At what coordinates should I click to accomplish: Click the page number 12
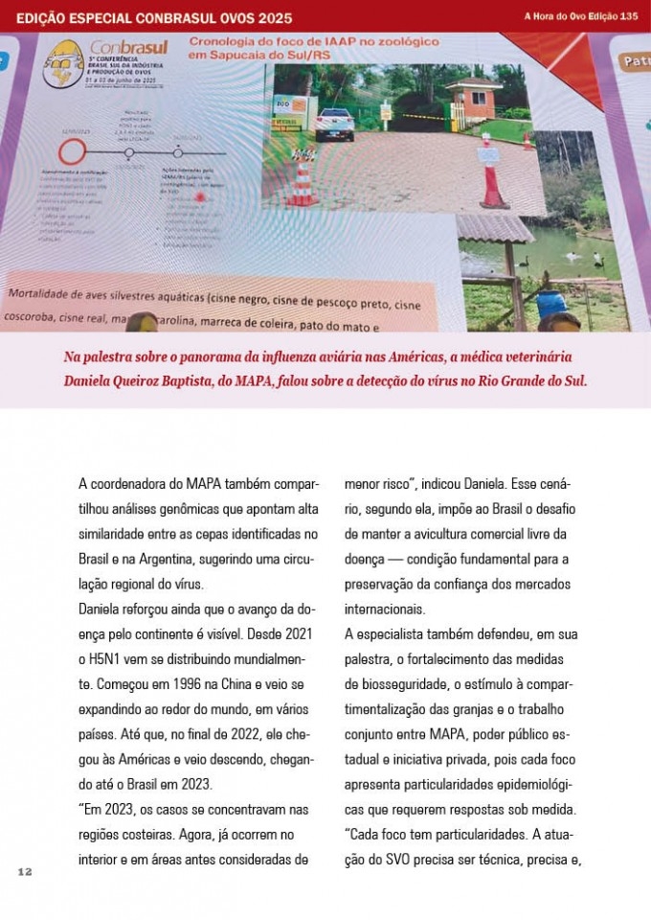tap(25, 871)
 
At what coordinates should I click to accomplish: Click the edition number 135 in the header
tap(628, 16)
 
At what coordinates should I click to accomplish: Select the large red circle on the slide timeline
tap(70, 151)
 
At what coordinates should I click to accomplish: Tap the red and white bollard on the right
tap(491, 178)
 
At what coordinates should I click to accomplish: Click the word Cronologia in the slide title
tap(228, 43)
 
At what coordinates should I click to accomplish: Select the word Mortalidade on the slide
tap(48, 291)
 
